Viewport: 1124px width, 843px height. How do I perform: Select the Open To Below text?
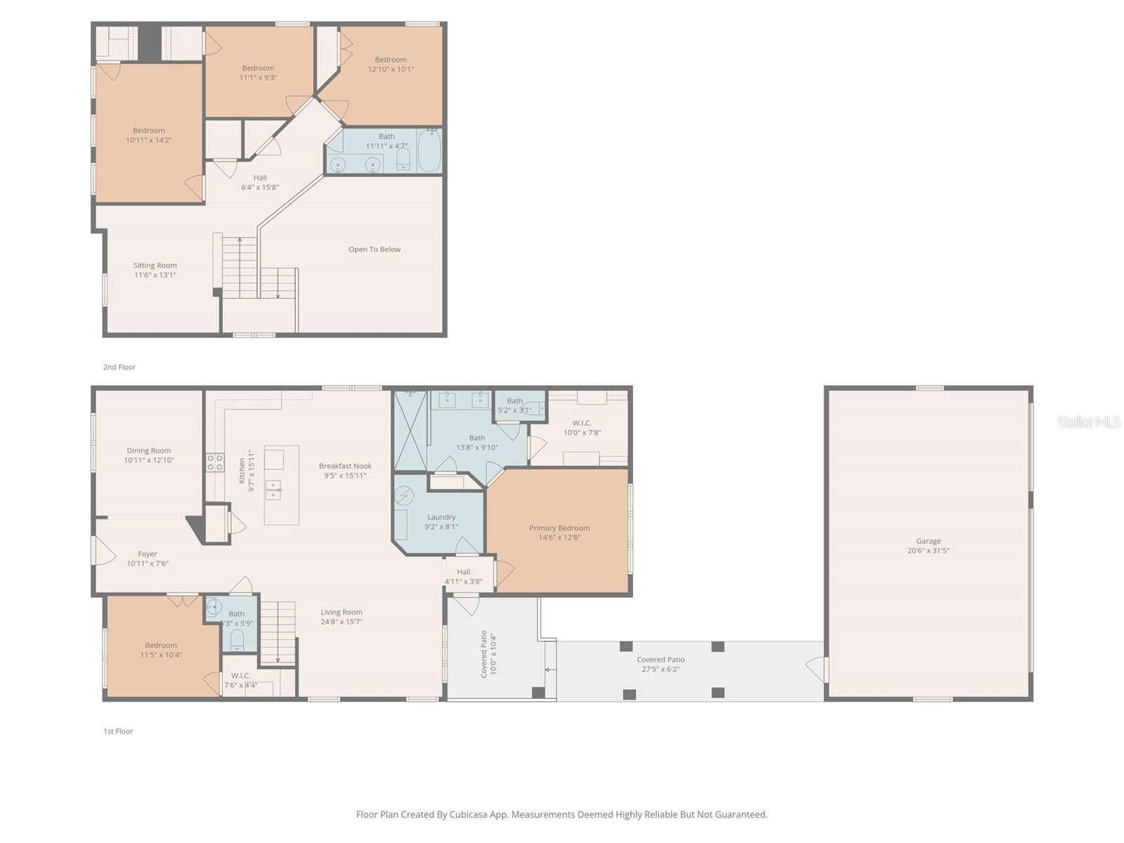click(374, 249)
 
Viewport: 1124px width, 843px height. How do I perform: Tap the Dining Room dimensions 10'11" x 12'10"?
click(149, 460)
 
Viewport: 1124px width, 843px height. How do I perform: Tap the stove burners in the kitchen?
click(215, 462)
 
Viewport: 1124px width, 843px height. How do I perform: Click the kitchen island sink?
click(273, 490)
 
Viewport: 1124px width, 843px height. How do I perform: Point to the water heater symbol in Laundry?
click(404, 497)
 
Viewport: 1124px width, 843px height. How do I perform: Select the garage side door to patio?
click(817, 669)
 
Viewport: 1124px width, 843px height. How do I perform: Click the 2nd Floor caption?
click(119, 367)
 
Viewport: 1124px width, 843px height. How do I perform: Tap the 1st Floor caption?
click(118, 731)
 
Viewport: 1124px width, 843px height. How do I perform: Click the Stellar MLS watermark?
click(1088, 421)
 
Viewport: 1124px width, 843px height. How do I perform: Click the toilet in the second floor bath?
click(403, 160)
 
